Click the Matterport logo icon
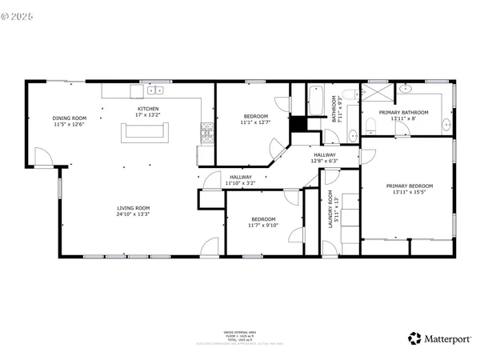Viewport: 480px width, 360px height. coord(414,338)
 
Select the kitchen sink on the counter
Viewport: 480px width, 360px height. coord(154,90)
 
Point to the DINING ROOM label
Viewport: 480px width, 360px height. coord(68,118)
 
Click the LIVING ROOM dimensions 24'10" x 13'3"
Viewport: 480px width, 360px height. coord(134,214)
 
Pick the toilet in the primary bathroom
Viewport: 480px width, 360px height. coord(370,126)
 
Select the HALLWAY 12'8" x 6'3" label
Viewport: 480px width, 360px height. coord(324,158)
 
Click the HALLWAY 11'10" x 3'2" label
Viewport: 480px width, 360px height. coord(241,180)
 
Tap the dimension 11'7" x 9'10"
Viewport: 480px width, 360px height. coord(264,226)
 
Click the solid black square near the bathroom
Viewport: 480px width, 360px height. coord(298,125)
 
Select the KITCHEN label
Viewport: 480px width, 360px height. coord(148,109)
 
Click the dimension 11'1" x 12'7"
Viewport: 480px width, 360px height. coord(256,122)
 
